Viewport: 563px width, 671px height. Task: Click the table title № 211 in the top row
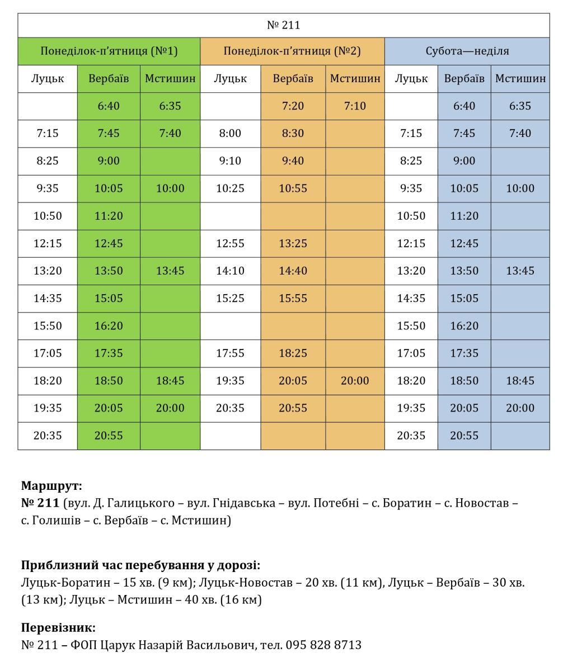point(283,25)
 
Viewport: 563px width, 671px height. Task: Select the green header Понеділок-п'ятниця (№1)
point(109,51)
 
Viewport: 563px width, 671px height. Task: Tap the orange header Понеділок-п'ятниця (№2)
point(292,51)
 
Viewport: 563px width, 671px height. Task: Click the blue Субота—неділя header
point(467,51)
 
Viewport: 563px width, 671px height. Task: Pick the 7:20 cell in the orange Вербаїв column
point(293,106)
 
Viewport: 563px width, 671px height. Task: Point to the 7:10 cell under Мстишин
point(355,106)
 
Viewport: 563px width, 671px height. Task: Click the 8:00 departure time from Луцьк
point(230,133)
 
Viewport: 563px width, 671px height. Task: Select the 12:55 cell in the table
point(230,243)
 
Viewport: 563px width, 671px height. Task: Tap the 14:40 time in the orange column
point(293,271)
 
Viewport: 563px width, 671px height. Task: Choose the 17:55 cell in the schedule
point(230,353)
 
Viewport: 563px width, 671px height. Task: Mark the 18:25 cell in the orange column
point(293,353)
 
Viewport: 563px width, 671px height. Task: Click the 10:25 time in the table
point(230,188)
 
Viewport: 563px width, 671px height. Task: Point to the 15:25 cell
point(230,298)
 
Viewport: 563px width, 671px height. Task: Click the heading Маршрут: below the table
point(51,485)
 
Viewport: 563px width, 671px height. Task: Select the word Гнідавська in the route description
point(244,503)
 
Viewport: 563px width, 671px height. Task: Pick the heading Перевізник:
point(58,627)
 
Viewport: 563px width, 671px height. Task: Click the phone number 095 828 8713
point(323,645)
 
